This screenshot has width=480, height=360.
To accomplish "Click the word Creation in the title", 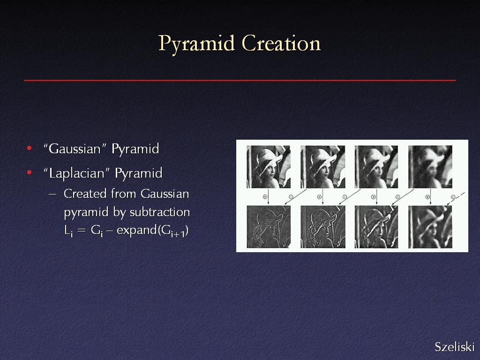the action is coord(281,43).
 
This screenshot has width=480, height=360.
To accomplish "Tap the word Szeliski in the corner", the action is coord(455,347).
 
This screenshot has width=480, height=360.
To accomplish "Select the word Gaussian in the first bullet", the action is coord(75,149).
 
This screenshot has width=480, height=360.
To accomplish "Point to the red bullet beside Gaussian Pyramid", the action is coord(30,149).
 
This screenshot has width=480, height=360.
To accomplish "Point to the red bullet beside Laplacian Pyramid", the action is coord(30,172).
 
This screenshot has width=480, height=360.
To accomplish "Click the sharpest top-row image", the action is coord(269,167).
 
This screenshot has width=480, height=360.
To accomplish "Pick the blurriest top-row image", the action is coord(430,167).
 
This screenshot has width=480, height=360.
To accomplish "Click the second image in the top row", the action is coord(322,167).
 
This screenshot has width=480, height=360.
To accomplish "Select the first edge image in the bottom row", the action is coord(269,227).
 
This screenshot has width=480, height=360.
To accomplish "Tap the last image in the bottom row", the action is coord(430,227).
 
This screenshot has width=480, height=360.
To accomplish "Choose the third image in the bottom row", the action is coord(376,227).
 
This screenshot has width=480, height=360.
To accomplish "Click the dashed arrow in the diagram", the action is coord(456,199).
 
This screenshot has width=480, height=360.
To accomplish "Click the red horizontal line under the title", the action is coord(240,80).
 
